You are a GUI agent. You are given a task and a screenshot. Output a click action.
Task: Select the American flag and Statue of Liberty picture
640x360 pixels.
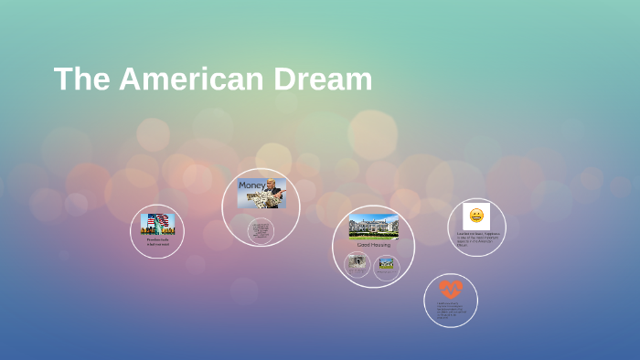click(x=157, y=224)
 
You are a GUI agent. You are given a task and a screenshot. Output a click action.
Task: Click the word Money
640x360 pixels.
click(x=251, y=185)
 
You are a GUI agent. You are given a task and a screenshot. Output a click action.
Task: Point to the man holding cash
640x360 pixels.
click(x=272, y=194)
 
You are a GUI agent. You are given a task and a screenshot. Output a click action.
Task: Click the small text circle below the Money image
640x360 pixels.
click(x=261, y=230)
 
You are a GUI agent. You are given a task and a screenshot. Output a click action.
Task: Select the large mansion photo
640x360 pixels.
click(x=373, y=226)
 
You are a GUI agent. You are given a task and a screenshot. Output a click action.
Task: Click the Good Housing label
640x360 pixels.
click(x=373, y=245)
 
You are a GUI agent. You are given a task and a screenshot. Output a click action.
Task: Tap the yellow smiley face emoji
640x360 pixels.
click(x=476, y=216)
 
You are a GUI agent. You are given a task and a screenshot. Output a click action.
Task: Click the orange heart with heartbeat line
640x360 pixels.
click(x=451, y=289)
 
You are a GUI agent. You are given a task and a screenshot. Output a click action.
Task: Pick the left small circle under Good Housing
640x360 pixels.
click(x=357, y=264)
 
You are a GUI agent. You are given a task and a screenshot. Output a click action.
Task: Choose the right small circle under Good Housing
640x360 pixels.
click(x=387, y=266)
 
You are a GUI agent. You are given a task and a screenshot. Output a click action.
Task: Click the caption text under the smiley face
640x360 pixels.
click(x=476, y=238)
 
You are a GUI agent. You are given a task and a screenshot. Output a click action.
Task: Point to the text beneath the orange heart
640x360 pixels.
click(x=451, y=311)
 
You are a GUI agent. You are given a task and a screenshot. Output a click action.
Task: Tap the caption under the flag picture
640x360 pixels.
click(x=157, y=242)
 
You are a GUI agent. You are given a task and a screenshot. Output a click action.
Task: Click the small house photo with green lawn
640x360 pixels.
click(x=387, y=265)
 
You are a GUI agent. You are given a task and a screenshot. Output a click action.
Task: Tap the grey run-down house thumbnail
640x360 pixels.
click(x=357, y=263)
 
